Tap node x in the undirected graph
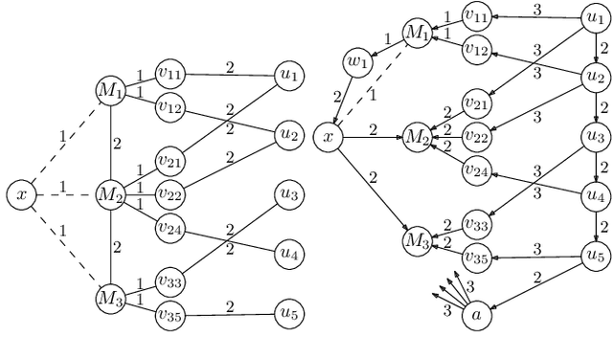point(20,195)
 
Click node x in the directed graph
point(329,138)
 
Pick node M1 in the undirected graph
point(110,90)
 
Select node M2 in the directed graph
point(417,138)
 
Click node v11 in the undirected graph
point(170,72)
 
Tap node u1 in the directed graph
point(595,15)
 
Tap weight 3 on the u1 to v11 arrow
point(537,9)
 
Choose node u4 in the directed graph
point(595,195)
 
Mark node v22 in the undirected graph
point(170,195)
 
